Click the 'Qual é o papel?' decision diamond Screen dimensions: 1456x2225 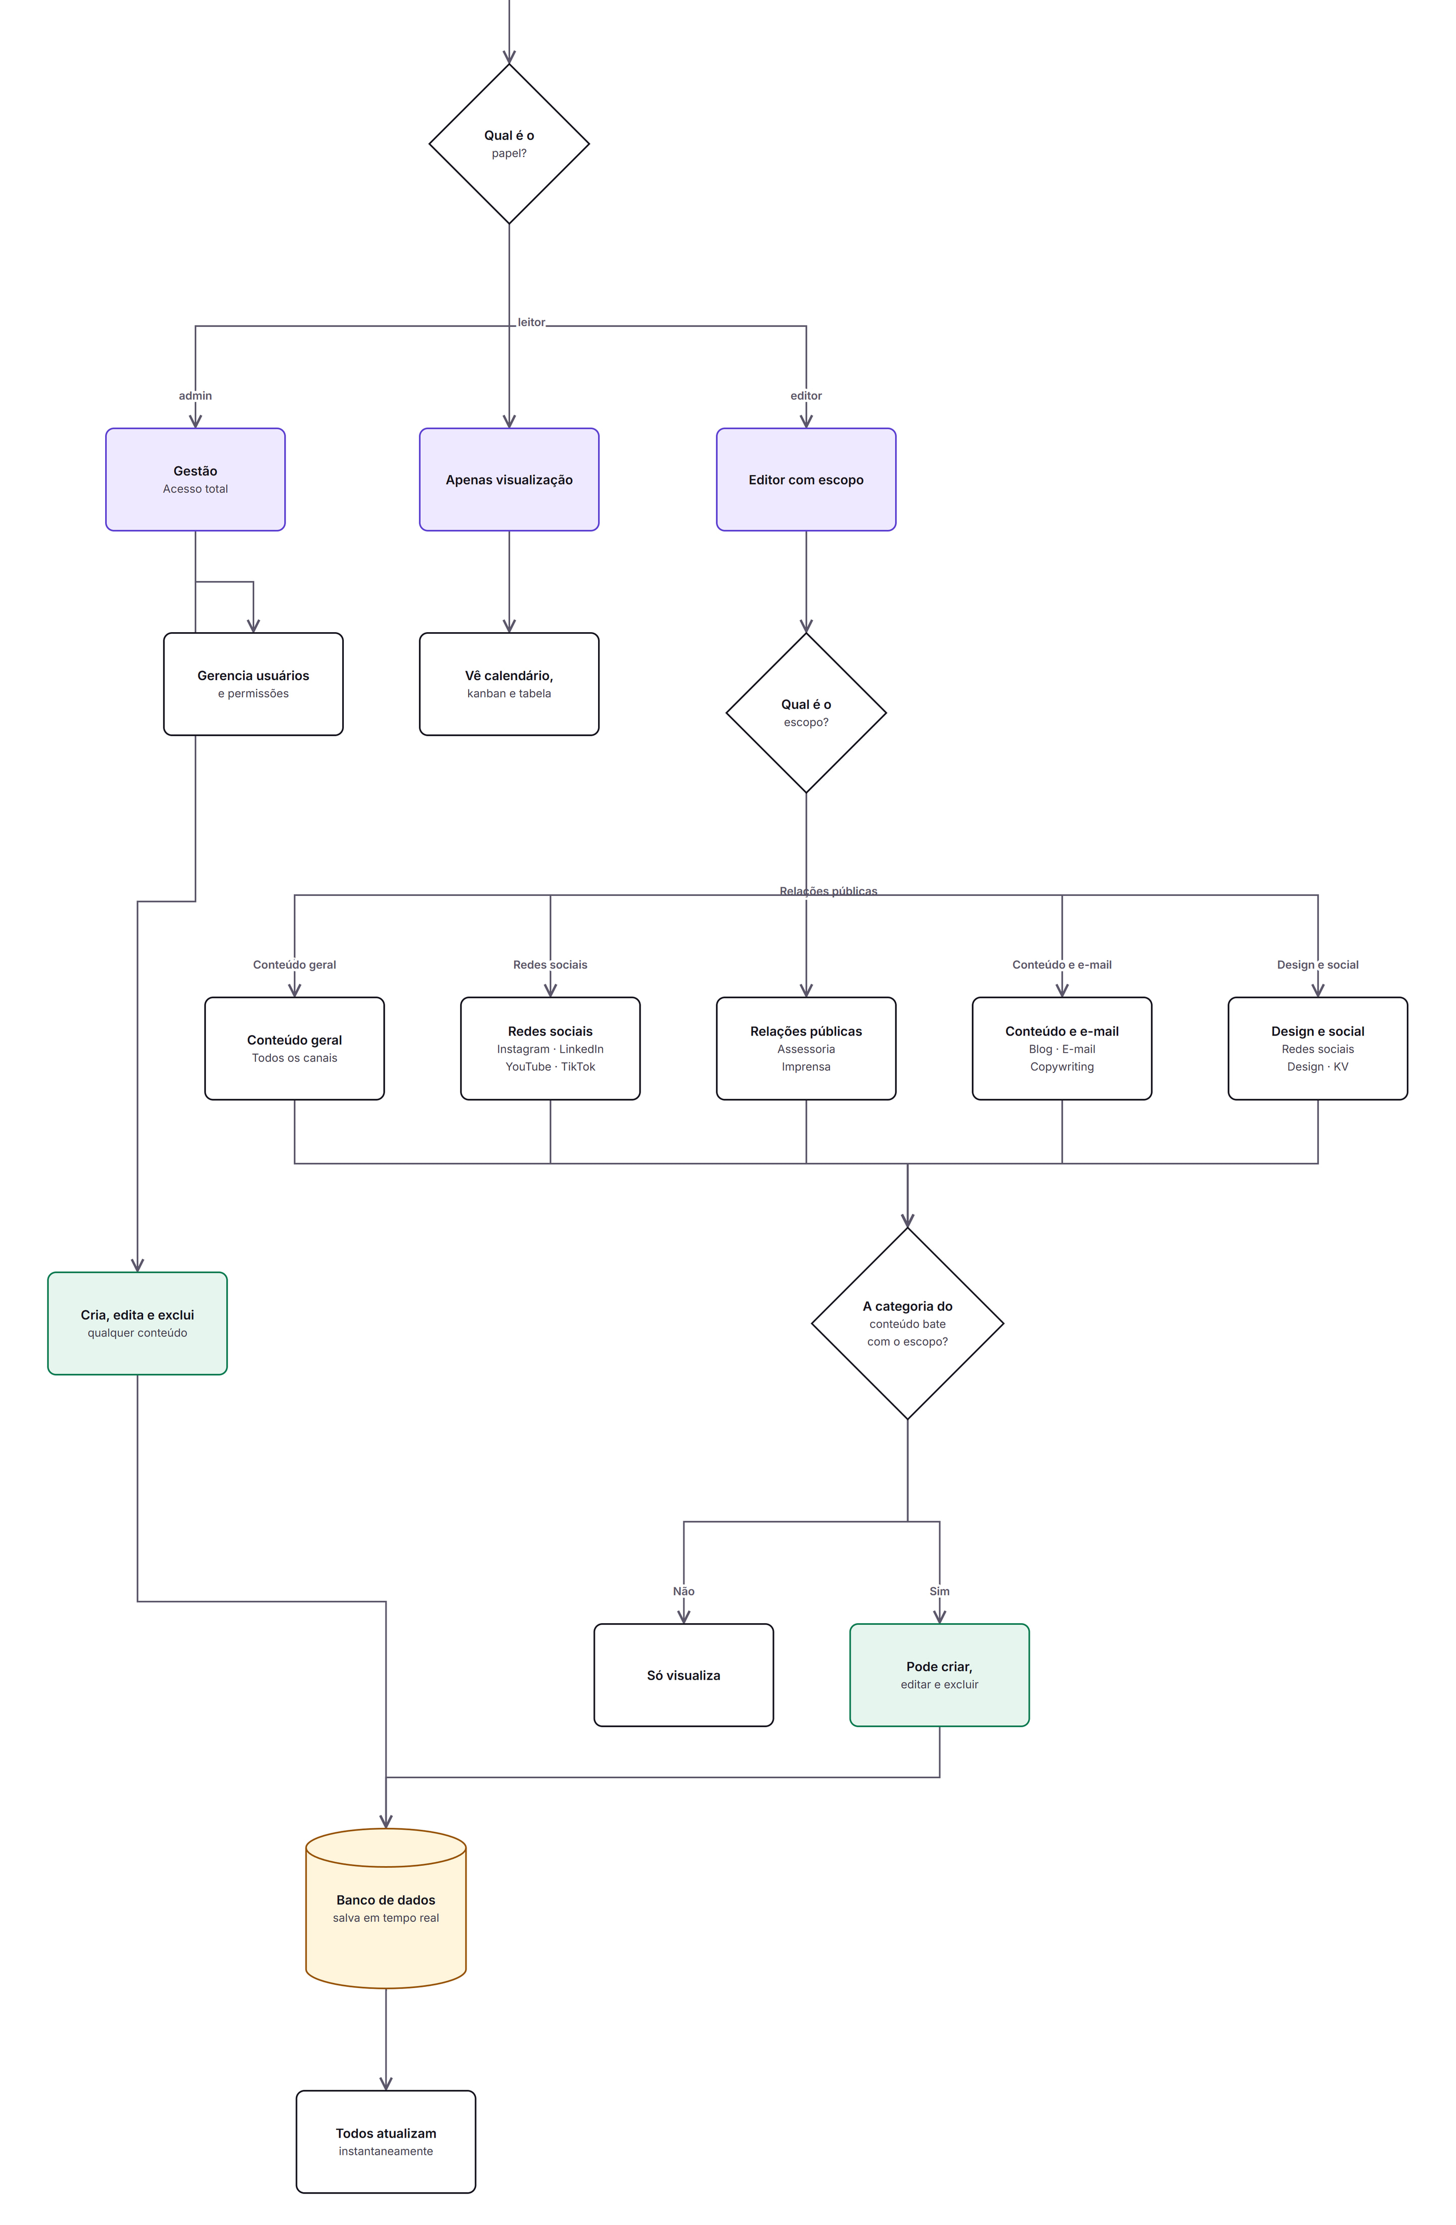[x=509, y=144]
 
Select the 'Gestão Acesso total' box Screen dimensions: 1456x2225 [x=196, y=480]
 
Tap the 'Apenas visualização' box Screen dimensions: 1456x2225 [x=509, y=480]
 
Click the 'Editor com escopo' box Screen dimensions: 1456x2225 [x=806, y=480]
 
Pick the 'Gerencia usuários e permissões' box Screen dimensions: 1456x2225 [x=253, y=684]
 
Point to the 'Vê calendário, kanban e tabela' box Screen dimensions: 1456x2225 [x=509, y=684]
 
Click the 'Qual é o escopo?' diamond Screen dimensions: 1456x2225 [x=806, y=714]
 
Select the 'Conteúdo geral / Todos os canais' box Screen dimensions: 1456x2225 [x=295, y=1049]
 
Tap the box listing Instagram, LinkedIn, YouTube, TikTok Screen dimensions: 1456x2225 [x=550, y=1049]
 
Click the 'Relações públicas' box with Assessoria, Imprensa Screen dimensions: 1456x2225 [x=806, y=1049]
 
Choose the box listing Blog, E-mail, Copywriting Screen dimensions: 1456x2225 [x=1062, y=1049]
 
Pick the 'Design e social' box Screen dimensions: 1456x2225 [x=1317, y=1049]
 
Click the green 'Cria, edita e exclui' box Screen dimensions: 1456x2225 [x=138, y=1324]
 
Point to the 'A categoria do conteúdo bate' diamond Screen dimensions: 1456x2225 [x=907, y=1324]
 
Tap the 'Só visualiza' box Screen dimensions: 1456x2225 [x=684, y=1675]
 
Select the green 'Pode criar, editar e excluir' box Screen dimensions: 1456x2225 [x=940, y=1675]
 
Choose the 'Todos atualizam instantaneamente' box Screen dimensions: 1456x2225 [x=386, y=2142]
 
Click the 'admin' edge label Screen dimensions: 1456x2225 [x=196, y=396]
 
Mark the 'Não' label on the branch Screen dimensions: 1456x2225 [x=684, y=1591]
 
